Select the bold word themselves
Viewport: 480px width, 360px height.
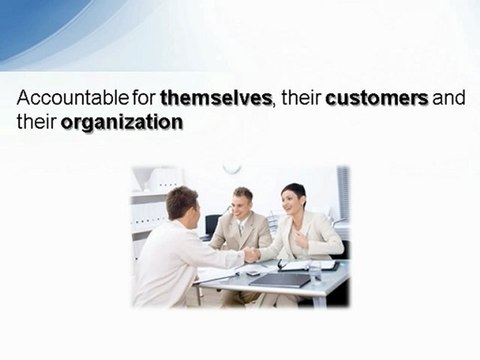216,100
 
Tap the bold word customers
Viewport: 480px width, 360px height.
377,100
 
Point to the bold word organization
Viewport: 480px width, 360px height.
121,123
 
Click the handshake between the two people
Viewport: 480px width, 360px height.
251,255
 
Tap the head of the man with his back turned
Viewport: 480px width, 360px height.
182,204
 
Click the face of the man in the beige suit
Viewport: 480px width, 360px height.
241,202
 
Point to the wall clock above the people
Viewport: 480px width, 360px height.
232,168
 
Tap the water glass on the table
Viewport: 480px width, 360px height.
316,270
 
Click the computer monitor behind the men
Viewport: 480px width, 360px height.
213,225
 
